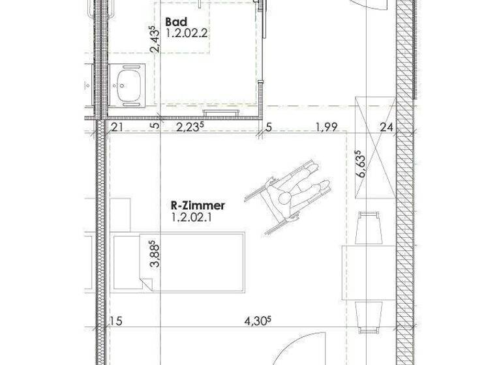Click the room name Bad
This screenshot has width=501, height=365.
coord(173,22)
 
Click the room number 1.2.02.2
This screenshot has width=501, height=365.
coord(185,34)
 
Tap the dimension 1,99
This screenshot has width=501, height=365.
coord(326,128)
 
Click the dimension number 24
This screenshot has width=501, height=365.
coord(387,128)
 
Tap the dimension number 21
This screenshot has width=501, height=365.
coord(117,128)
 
